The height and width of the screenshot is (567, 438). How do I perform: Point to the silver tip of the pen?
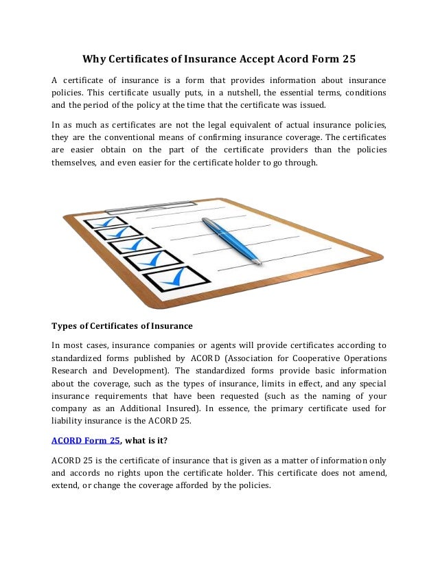click(x=259, y=262)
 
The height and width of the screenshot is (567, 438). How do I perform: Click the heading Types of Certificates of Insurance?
click(x=122, y=325)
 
